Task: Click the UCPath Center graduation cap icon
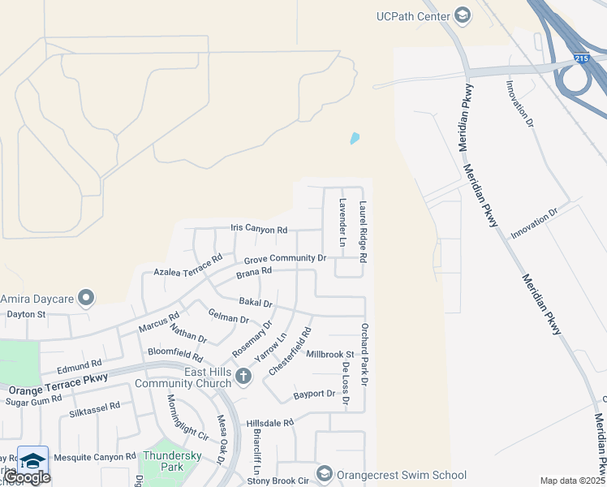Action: (462, 15)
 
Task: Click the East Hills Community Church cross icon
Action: (242, 377)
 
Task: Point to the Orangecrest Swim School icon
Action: (324, 474)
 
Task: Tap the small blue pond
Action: (354, 139)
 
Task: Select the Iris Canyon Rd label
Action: (259, 230)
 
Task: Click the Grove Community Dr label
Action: (285, 259)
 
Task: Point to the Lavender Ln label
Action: (342, 222)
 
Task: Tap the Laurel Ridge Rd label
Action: (364, 231)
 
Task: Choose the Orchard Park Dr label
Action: (364, 354)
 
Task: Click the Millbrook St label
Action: (330, 355)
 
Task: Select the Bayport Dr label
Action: (314, 394)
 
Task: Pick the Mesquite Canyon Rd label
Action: (93, 458)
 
